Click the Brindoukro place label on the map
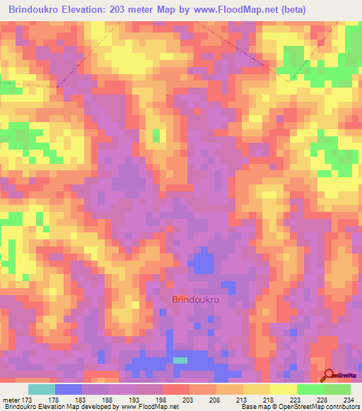point(195,299)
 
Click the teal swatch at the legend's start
point(42,389)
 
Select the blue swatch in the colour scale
point(69,389)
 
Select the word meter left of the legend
point(11,400)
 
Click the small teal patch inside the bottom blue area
point(181,360)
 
